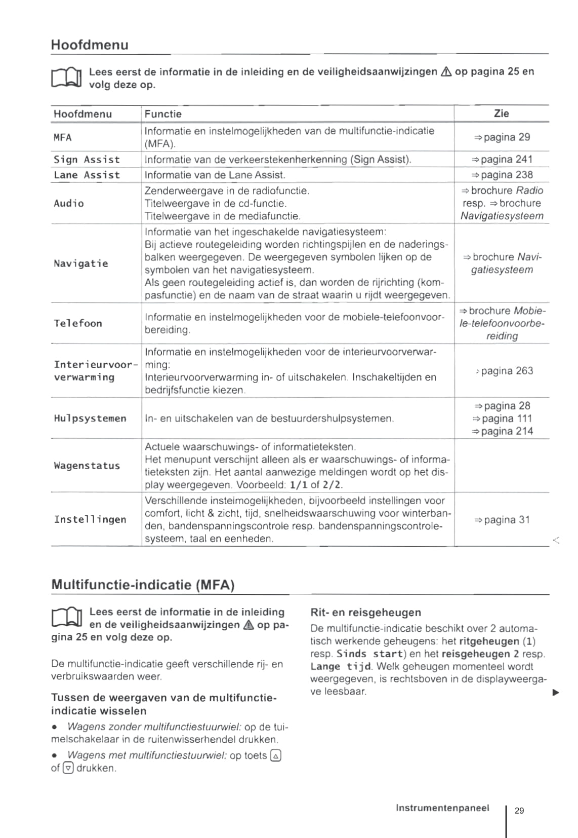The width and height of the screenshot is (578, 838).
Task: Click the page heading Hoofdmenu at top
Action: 90,45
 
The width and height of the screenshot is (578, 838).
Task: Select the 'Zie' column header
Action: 501,113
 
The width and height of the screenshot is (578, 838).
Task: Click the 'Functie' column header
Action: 163,114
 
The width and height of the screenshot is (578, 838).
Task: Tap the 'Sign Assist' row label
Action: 87,160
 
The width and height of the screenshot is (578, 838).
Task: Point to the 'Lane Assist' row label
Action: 87,175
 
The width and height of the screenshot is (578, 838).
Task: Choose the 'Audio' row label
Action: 69,203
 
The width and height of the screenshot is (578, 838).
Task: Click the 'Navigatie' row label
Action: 81,263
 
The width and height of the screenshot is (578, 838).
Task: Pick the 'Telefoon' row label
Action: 78,323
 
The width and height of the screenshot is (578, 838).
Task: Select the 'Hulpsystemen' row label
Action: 90,418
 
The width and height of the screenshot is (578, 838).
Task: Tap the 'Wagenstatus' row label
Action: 87,466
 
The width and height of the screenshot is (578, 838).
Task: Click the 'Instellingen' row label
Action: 90,519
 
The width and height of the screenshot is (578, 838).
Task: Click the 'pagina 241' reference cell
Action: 502,160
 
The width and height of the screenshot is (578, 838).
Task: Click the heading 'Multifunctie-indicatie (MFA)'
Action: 143,585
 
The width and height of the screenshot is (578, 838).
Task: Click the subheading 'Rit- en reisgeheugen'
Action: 365,613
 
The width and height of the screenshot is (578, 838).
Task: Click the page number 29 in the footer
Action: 519,811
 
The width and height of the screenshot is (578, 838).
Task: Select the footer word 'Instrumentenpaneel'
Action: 442,808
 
